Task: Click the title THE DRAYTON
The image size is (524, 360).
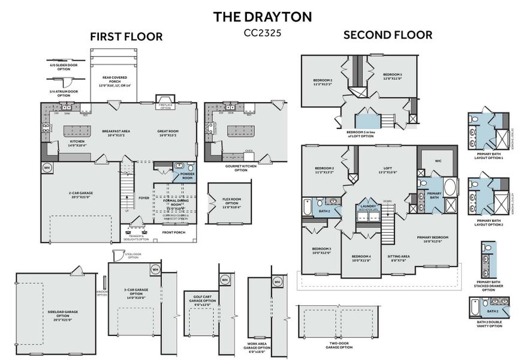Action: point(262,17)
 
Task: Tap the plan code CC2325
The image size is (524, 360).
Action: point(262,33)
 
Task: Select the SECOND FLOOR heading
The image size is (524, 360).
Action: point(387,35)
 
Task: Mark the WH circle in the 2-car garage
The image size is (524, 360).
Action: point(47,167)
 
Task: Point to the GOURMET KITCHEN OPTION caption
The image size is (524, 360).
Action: point(240,169)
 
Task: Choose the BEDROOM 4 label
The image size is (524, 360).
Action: point(361,258)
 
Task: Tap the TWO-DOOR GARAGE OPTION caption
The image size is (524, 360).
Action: point(339,345)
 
